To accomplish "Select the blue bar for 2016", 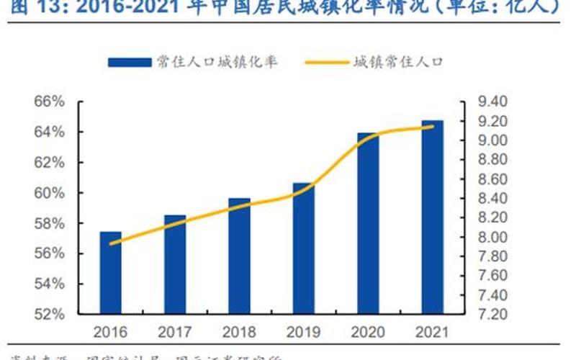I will pos(110,273).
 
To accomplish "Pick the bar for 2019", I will pos(303,248).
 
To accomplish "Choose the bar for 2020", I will pos(368,223).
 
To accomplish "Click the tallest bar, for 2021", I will pos(432,217).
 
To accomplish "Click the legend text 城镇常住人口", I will pos(397,63).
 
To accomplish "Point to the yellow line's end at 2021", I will pos(433,127).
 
